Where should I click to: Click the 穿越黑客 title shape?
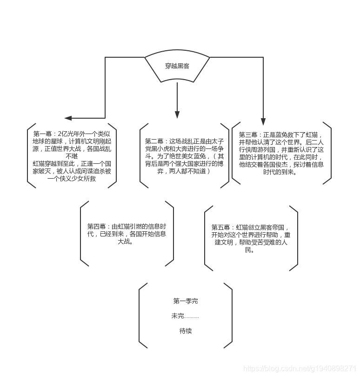pos(177,66)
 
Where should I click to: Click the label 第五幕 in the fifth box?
pos(220,227)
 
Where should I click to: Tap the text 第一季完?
pos(185,301)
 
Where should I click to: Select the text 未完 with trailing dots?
pos(185,316)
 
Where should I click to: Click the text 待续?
pos(185,331)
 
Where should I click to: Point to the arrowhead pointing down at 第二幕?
pos(177,114)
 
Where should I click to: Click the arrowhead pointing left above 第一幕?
pos(75,118)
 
